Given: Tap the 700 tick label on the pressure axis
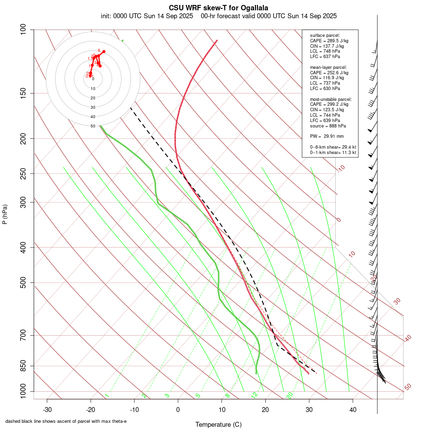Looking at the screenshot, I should (x=24, y=335).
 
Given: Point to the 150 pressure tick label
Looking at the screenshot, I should (x=24, y=93).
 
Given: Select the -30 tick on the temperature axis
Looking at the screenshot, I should (x=47, y=410).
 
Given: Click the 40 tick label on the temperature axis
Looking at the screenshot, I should (x=352, y=410).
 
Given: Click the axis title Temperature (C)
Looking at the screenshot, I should (x=218, y=424).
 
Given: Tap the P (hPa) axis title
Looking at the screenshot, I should (x=5, y=215).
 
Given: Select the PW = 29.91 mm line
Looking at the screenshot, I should (x=327, y=136).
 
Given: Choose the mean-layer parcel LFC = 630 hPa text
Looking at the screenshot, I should (x=325, y=89).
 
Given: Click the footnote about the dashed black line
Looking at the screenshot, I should (x=66, y=421).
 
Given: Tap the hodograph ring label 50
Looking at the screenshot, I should (x=93, y=126).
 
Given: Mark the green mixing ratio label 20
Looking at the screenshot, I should (x=289, y=395).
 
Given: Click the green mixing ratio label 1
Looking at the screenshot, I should (x=106, y=395).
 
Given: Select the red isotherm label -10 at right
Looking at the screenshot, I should (x=340, y=169).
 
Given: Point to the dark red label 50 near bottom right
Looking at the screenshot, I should (x=408, y=387).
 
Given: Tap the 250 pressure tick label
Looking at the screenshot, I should (x=24, y=173).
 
